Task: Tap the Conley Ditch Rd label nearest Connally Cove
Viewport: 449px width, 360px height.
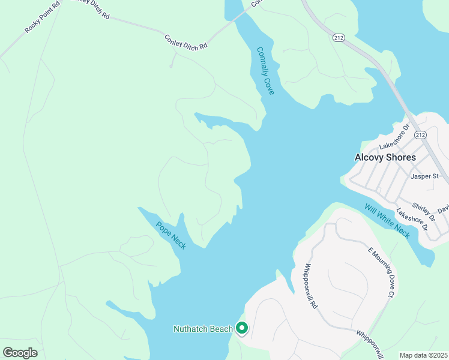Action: click(x=185, y=41)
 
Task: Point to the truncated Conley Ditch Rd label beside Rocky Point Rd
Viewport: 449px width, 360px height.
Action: click(x=90, y=8)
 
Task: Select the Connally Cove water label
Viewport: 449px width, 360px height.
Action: click(x=265, y=71)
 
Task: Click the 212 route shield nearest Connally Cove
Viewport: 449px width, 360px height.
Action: click(x=339, y=37)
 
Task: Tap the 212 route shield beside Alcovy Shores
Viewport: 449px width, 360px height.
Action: click(x=419, y=135)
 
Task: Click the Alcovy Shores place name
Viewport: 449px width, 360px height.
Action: click(x=385, y=157)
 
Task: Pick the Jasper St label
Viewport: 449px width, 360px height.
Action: click(x=425, y=176)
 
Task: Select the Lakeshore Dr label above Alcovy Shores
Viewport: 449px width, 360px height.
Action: click(x=394, y=138)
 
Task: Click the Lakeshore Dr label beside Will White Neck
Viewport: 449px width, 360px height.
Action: click(x=412, y=220)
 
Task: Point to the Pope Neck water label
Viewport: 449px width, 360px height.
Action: click(x=171, y=236)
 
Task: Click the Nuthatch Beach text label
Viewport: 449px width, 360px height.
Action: click(x=202, y=329)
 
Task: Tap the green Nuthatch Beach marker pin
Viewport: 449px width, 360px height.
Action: click(x=242, y=328)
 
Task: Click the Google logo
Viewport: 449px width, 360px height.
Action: click(x=20, y=353)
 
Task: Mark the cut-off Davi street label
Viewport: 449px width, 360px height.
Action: click(x=443, y=209)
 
